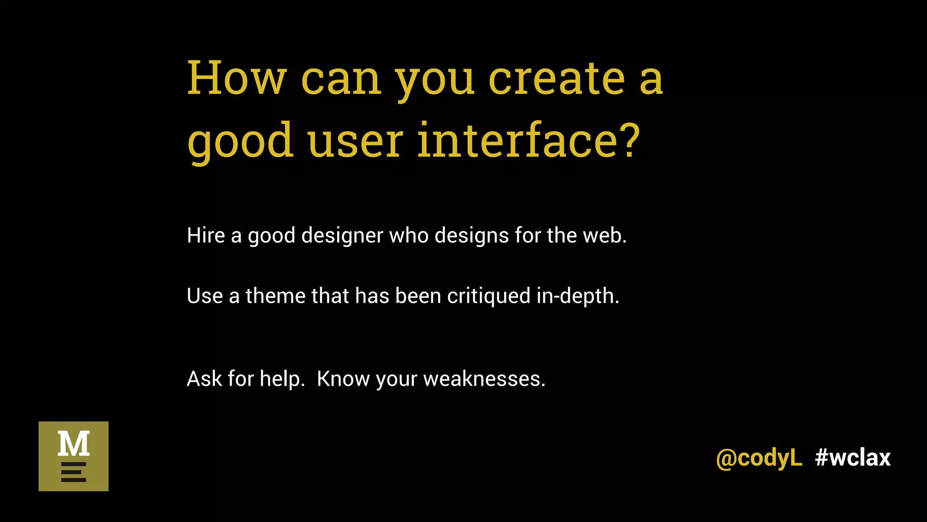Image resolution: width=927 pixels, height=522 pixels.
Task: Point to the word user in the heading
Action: click(x=355, y=141)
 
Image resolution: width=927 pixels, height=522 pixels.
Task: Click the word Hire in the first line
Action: click(x=205, y=236)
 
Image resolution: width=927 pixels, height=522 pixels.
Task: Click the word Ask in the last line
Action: click(x=204, y=379)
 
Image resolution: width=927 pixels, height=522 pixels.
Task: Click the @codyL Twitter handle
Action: click(x=759, y=458)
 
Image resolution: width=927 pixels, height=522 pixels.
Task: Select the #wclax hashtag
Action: click(x=853, y=458)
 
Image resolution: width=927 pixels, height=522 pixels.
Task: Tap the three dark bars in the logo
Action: click(x=73, y=472)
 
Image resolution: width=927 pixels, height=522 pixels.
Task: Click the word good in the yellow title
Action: click(x=240, y=141)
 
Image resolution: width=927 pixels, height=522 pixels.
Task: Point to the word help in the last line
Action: click(x=281, y=379)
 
